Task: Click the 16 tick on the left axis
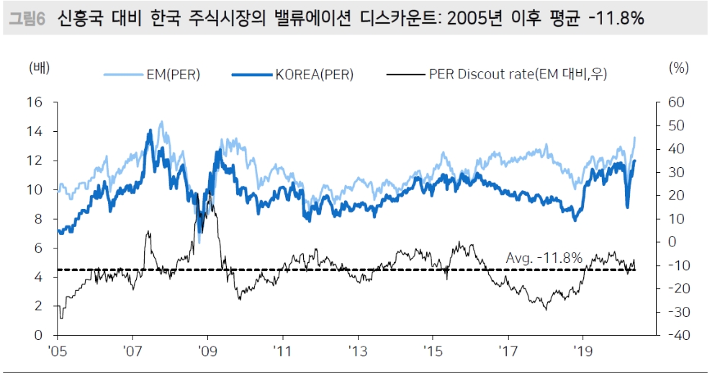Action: point(37,102)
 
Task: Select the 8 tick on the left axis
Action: point(40,219)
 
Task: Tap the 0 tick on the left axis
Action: point(40,336)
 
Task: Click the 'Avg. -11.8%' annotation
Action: point(544,257)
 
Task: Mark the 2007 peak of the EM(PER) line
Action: point(161,122)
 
